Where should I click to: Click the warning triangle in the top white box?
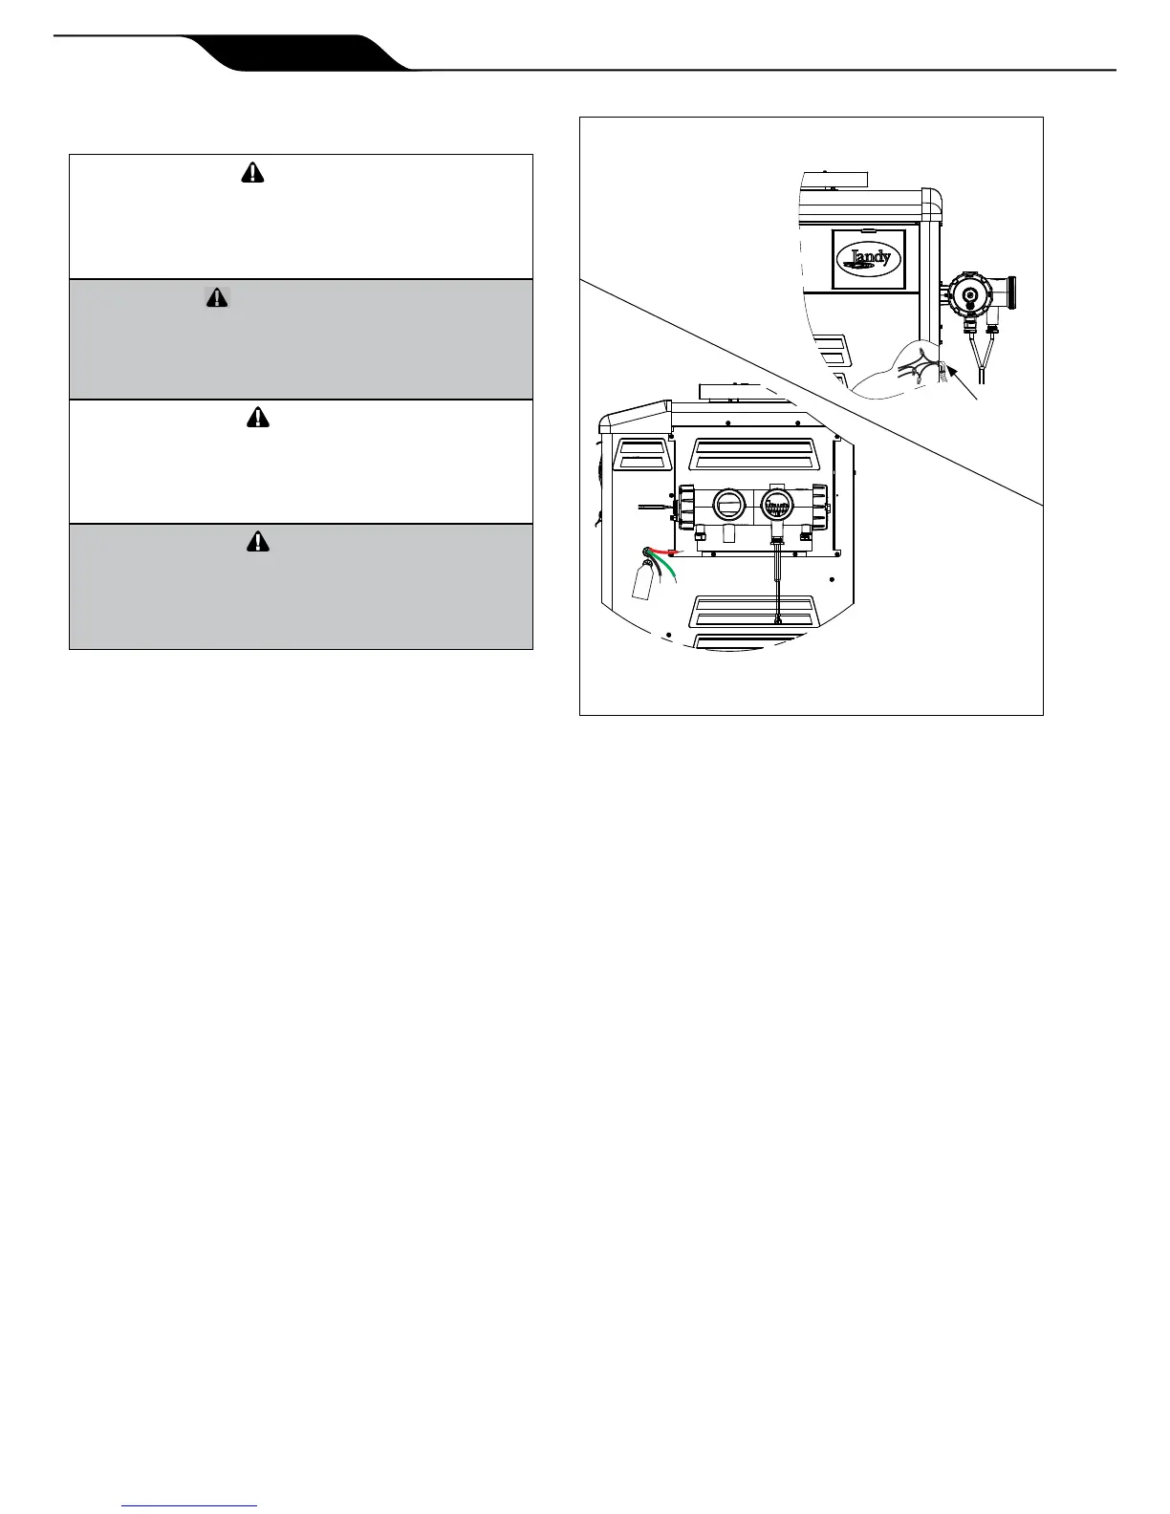pyautogui.click(x=252, y=173)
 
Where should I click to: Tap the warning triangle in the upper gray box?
pyautogui.click(x=218, y=297)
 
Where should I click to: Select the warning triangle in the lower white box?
pyautogui.click(x=257, y=417)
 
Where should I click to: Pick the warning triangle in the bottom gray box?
pyautogui.click(x=257, y=542)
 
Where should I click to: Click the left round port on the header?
pyautogui.click(x=728, y=504)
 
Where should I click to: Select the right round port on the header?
pyautogui.click(x=778, y=504)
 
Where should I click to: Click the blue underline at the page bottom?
pyautogui.click(x=190, y=1505)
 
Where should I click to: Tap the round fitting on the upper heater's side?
pyautogui.click(x=971, y=295)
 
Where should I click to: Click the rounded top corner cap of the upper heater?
pyautogui.click(x=930, y=202)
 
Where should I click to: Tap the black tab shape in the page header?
pyautogui.click(x=296, y=53)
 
